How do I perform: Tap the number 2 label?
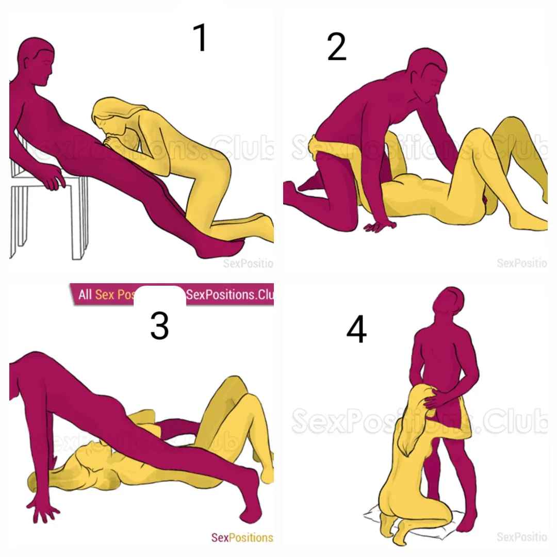point(337,48)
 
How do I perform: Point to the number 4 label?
point(356,331)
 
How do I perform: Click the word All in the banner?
point(85,295)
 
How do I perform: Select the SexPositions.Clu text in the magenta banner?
point(229,295)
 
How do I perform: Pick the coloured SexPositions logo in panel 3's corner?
point(242,537)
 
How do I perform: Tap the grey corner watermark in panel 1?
point(248,264)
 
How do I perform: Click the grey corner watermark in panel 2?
point(521,263)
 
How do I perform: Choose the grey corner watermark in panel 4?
point(521,537)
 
